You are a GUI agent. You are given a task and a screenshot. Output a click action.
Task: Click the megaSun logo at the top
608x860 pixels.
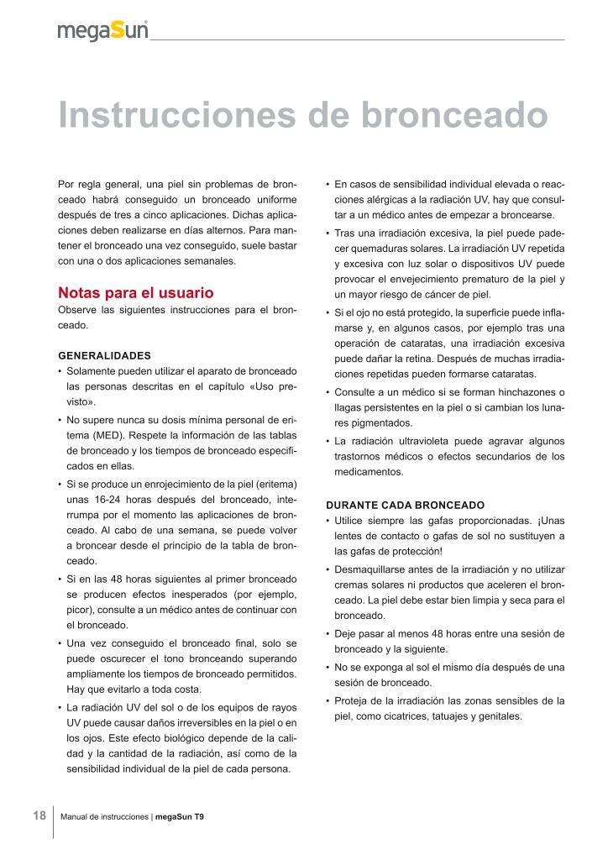103,31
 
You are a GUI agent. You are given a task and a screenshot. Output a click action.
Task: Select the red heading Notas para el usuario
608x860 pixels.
135,293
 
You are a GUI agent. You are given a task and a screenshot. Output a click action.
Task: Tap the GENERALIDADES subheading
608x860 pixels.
104,354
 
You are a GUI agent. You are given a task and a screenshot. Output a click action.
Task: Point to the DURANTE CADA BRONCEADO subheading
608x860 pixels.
405,506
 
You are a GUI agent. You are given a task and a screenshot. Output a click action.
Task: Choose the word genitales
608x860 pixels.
498,716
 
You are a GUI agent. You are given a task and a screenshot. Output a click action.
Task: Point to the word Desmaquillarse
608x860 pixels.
371,569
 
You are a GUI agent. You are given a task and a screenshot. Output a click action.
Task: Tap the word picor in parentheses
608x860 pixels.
80,610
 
